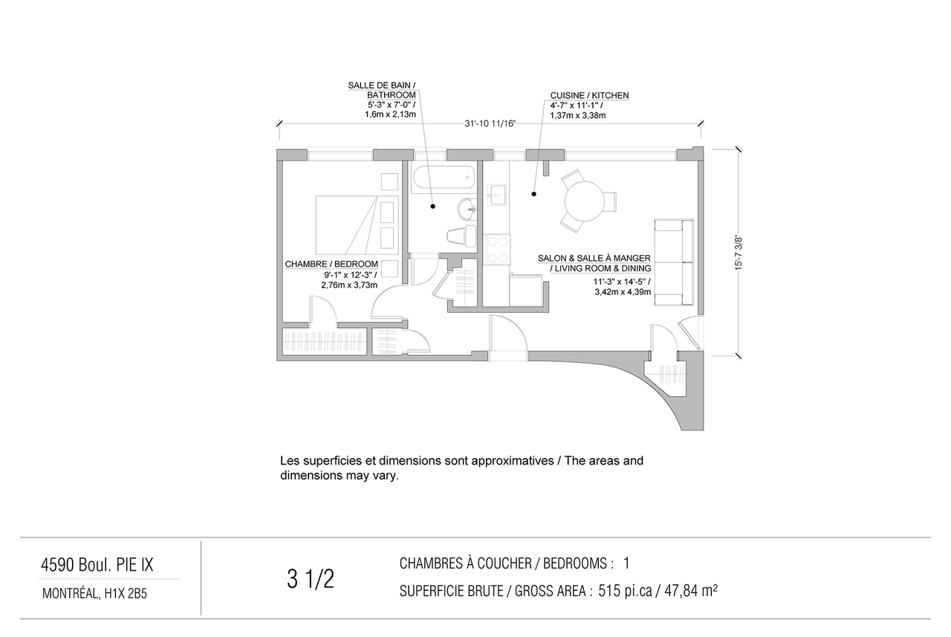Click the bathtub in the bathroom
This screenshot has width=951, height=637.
pos(444,177)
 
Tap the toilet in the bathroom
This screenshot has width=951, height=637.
pos(462,236)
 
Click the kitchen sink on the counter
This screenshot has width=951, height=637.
pos(496,195)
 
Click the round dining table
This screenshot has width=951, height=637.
pos(585,201)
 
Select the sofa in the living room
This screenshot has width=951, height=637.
pos(674,262)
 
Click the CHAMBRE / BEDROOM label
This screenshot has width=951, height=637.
pos(331,264)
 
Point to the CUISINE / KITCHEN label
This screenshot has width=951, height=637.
pos(589,96)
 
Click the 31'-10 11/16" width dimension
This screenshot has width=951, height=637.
pos(490,123)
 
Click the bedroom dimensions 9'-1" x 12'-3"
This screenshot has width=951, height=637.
pos(350,275)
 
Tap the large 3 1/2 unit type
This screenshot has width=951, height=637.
pos(311,579)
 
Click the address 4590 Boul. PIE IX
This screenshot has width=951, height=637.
pos(97,565)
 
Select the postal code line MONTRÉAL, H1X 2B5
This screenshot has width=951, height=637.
pos(94,594)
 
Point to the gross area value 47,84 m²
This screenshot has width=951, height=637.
pos(691,591)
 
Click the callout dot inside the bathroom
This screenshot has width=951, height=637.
pos(432,207)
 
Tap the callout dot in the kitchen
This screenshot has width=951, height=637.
pos(533,194)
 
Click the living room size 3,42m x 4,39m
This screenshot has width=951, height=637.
pos(623,292)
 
